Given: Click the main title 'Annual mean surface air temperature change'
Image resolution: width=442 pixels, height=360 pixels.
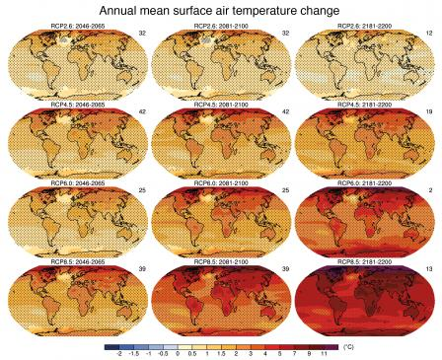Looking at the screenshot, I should pos(221,10).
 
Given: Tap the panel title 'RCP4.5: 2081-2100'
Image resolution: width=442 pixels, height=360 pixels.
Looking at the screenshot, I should pos(220,109).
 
